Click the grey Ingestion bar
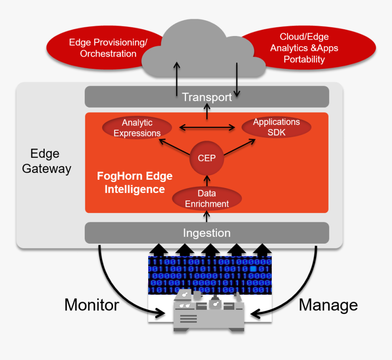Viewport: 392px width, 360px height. (206, 233)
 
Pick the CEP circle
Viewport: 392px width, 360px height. (206, 159)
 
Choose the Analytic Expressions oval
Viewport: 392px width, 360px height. (137, 128)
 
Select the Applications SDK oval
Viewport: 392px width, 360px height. (276, 127)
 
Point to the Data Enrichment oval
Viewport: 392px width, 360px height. (206, 199)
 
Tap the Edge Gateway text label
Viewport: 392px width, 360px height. (46, 161)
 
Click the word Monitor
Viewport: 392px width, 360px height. (92, 305)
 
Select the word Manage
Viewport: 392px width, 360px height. (328, 305)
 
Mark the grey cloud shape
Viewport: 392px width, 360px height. (203, 46)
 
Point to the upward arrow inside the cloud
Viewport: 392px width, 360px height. (177, 78)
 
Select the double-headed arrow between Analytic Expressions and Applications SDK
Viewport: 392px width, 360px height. (206, 128)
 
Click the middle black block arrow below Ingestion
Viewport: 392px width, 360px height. (211, 250)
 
